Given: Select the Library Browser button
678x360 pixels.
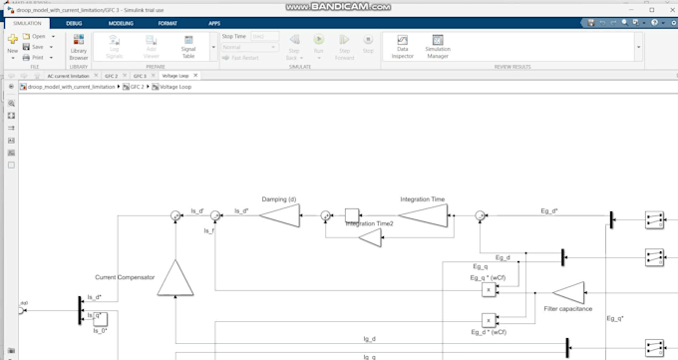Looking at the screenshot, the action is pyautogui.click(x=79, y=45).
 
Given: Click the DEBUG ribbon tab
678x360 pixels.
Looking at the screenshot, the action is pyautogui.click(x=74, y=21).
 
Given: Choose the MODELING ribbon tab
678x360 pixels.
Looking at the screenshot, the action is pyautogui.click(x=121, y=21).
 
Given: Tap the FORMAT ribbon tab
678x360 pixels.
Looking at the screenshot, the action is pyautogui.click(x=168, y=21).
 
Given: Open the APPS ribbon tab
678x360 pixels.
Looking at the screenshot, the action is pyautogui.click(x=214, y=21).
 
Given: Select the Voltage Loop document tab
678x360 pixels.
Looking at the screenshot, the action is pyautogui.click(x=175, y=76).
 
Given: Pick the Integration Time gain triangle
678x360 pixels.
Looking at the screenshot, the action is pyautogui.click(x=422, y=213).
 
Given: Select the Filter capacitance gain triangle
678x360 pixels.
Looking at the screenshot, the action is pyautogui.click(x=569, y=291).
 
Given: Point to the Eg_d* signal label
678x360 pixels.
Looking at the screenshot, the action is pyautogui.click(x=549, y=210).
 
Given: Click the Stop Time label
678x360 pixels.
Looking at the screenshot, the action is pyautogui.click(x=234, y=36).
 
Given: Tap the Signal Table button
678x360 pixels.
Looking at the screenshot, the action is pyautogui.click(x=188, y=45).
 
